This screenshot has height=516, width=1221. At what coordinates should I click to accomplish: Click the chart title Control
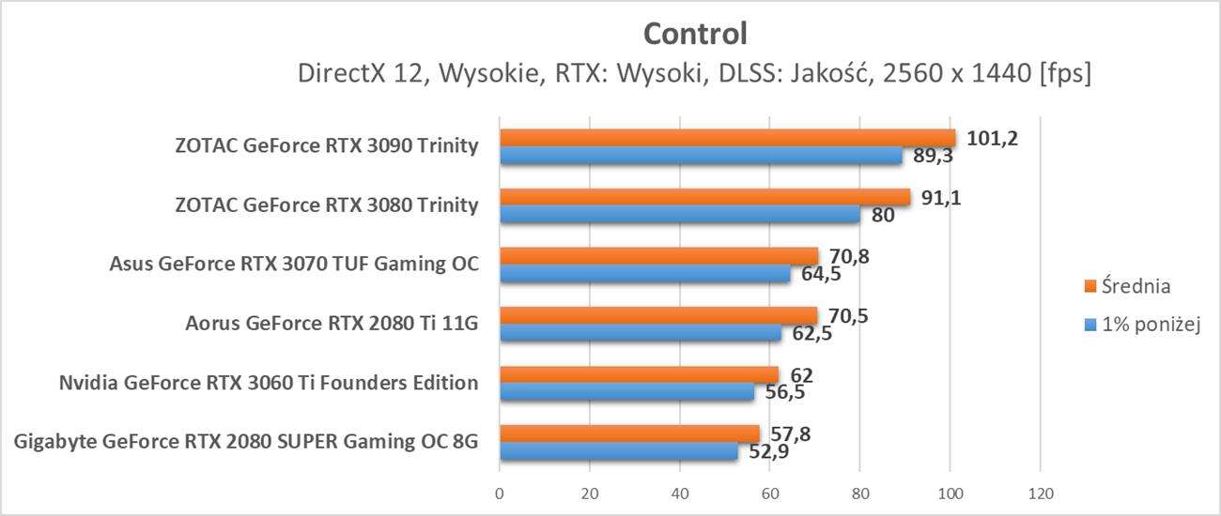pos(695,34)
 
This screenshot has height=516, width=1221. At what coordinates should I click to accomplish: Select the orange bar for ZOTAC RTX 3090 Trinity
pos(726,138)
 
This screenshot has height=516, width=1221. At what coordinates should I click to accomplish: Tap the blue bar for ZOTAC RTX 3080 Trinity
pos(679,215)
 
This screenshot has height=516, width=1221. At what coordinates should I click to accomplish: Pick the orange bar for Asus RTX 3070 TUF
pos(657,256)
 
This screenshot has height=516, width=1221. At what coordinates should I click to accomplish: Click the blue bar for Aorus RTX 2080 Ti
pos(640,333)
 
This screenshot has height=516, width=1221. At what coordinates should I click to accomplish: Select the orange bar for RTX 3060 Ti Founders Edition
pos(639,374)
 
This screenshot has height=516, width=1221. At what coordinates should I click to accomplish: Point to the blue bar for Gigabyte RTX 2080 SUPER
pos(618,451)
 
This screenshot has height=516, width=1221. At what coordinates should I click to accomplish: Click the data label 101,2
pos(992,139)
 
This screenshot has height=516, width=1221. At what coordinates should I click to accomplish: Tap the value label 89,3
pos(934,156)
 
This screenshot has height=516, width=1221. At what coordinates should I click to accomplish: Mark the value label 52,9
pos(769,451)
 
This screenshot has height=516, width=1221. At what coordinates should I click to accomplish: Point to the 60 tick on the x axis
pos(769,493)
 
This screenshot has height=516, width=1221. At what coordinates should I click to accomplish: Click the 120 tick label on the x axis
pos(1040,493)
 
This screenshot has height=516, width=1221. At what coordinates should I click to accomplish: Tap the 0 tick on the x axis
pos(500,493)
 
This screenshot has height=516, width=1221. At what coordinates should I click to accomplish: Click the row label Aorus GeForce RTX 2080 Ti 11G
pos(332,324)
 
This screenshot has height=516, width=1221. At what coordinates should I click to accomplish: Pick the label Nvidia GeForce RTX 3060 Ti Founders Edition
pos(269,383)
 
